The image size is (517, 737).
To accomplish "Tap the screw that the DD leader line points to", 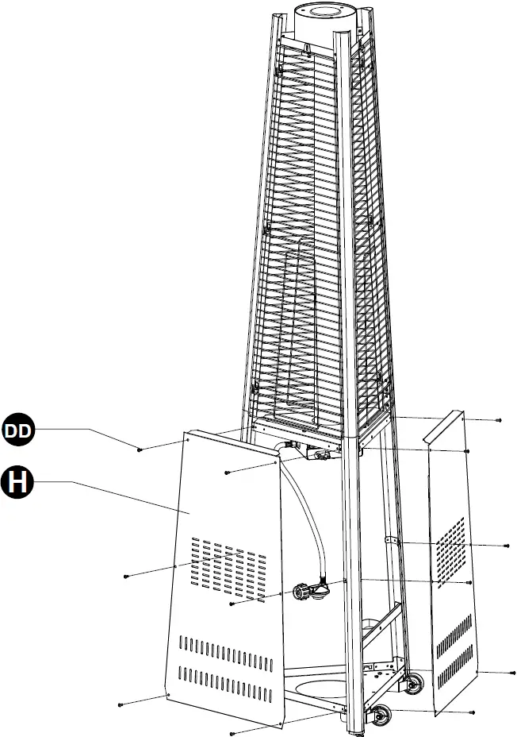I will (x=140, y=450).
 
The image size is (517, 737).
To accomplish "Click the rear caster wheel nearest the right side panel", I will (x=413, y=681).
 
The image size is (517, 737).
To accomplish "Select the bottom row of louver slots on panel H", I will (x=227, y=675).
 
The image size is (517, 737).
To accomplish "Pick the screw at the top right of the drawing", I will (x=498, y=419).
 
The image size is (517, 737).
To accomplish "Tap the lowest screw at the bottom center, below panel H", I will (x=231, y=732).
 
